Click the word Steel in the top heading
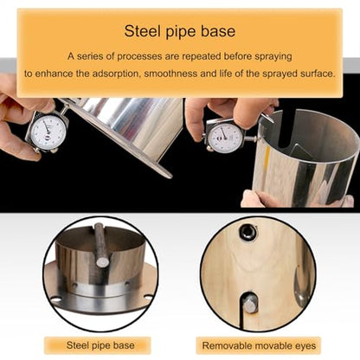pos(142,31)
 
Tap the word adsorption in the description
pos(117,74)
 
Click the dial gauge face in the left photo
pos(48,132)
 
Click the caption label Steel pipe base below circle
pos(100,345)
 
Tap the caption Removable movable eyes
pos(259,345)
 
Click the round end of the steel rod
pos(102,261)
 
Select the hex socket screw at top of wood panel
pos(247,231)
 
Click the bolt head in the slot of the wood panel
pos(249,303)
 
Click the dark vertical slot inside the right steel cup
pos(288,130)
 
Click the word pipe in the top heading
pos(181,32)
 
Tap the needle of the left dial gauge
pos(47,127)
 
